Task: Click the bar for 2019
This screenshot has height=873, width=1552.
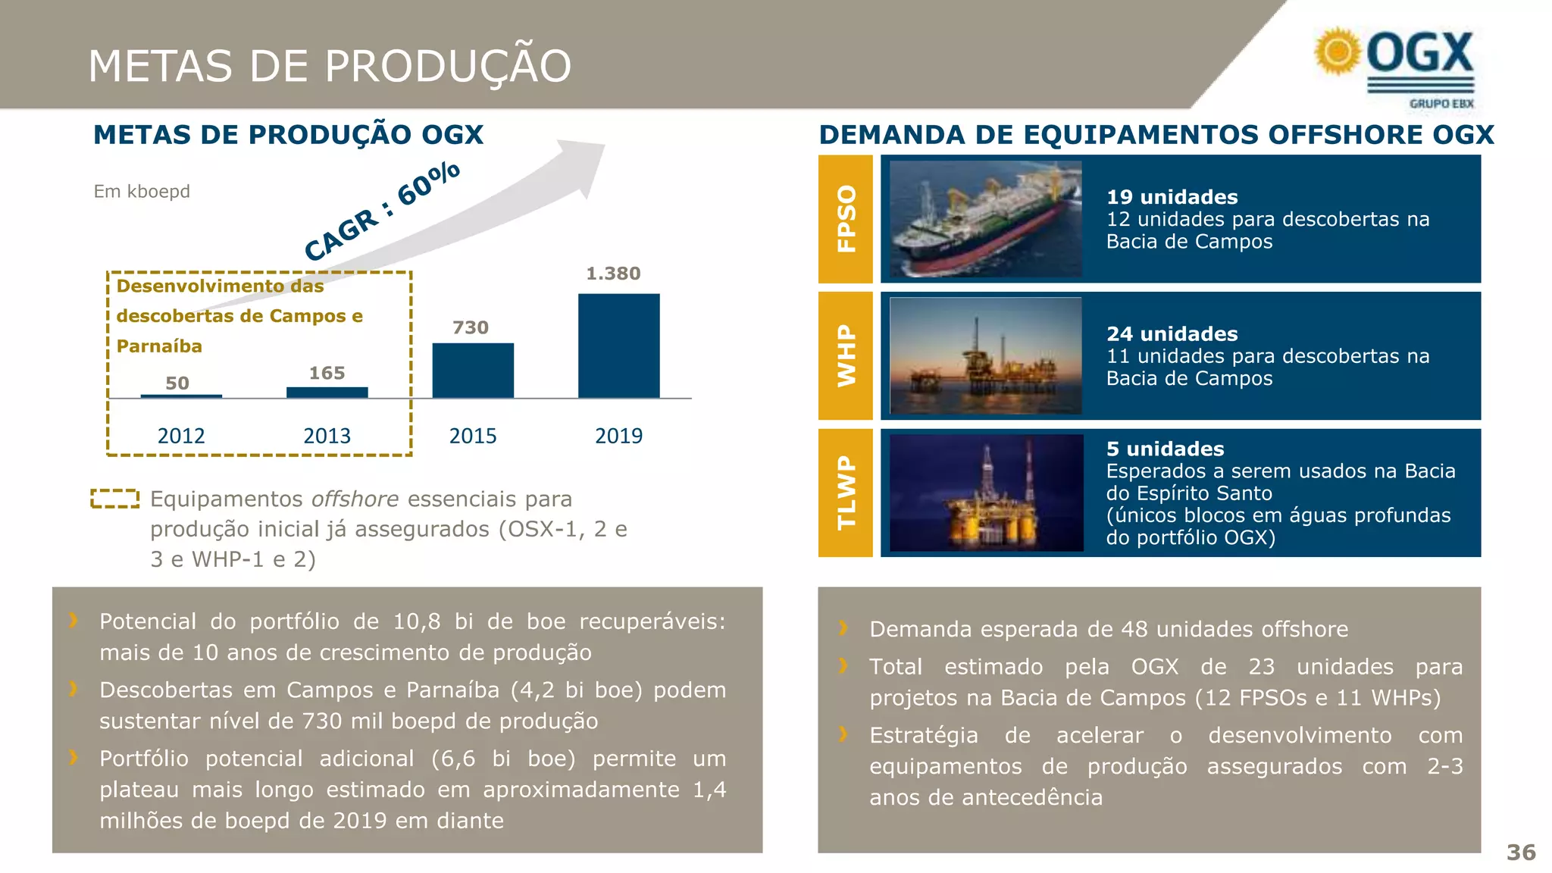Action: click(618, 346)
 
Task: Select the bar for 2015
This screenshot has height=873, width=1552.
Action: click(473, 371)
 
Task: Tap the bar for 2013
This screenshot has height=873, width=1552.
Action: click(327, 393)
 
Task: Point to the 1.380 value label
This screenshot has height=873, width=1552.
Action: click(613, 274)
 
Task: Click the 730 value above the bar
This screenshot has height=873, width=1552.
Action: click(471, 327)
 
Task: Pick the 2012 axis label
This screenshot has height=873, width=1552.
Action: click(181, 436)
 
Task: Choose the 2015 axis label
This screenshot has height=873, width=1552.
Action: click(473, 436)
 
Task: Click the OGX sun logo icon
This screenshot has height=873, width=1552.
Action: click(1338, 52)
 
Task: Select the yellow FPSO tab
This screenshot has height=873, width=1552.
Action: click(846, 219)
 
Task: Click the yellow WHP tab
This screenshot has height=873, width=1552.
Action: click(846, 356)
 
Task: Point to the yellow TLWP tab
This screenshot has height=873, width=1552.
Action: click(846, 493)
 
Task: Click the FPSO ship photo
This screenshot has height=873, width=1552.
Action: click(985, 219)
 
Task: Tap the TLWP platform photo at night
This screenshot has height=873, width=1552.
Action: click(986, 493)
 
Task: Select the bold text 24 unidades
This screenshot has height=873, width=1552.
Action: click(1172, 334)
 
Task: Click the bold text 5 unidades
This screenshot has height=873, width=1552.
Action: click(1165, 449)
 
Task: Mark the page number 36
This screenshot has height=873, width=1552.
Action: click(1521, 853)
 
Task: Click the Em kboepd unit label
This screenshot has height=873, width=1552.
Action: click(142, 192)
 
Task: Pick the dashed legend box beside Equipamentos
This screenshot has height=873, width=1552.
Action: click(115, 499)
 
